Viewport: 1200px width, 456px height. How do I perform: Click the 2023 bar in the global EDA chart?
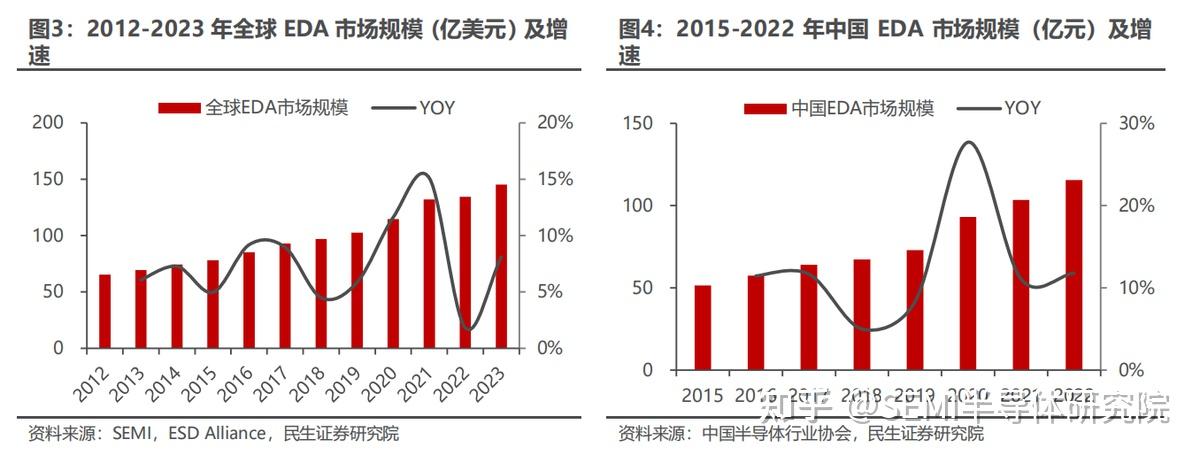click(501, 266)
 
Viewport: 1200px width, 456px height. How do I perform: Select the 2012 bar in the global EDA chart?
click(105, 311)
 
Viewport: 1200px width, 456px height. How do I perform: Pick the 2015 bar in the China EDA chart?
click(703, 328)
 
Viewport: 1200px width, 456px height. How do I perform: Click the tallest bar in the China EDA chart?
click(1074, 275)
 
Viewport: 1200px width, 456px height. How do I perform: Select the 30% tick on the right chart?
click(1133, 123)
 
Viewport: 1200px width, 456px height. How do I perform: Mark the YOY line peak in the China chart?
click(967, 142)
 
